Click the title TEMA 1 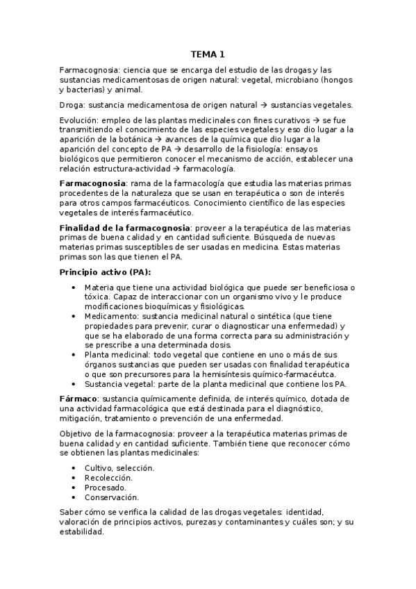click(x=208, y=55)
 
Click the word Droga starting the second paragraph click(x=72, y=105)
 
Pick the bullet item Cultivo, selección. click(x=119, y=468)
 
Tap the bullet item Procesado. click(x=105, y=488)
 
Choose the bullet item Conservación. click(x=111, y=497)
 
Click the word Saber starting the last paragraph click(x=71, y=513)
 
